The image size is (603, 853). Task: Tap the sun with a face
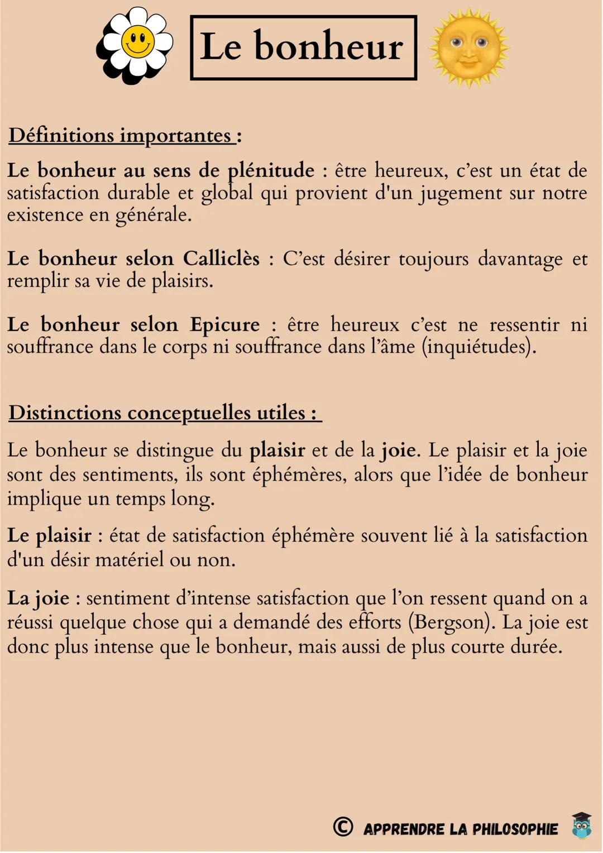click(x=468, y=47)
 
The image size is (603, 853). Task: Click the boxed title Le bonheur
click(x=303, y=47)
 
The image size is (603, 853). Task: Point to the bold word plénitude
click(x=271, y=170)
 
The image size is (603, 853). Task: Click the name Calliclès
click(x=221, y=258)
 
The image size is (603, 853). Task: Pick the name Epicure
click(x=224, y=324)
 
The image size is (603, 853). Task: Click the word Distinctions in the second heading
click(x=65, y=413)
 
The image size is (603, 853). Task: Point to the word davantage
click(x=520, y=259)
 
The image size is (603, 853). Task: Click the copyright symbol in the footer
click(x=343, y=827)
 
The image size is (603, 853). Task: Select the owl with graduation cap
click(x=581, y=826)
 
